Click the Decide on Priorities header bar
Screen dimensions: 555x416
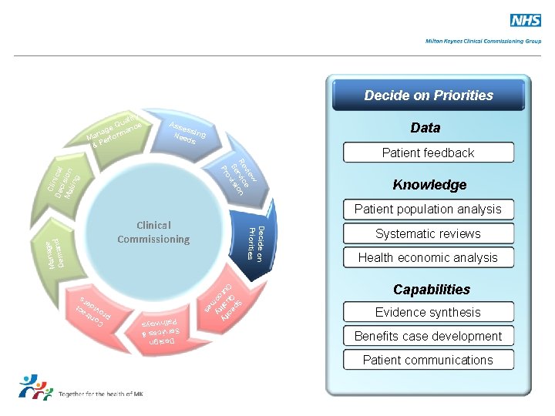point(429,96)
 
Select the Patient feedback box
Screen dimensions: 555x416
point(428,153)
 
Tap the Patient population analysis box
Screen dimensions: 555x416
point(428,209)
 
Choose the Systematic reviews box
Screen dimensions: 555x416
point(428,233)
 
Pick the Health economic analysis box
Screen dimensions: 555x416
point(428,257)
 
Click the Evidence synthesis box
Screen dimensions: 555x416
point(428,312)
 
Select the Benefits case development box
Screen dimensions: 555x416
point(428,336)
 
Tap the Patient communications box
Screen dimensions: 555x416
point(428,360)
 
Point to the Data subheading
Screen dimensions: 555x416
point(425,128)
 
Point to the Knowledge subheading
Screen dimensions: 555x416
point(429,185)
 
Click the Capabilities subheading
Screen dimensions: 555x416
point(431,290)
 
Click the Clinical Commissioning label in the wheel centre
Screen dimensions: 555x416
point(153,232)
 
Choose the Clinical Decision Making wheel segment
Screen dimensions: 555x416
point(61,181)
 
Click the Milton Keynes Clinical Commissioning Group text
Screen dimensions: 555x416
point(483,41)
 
